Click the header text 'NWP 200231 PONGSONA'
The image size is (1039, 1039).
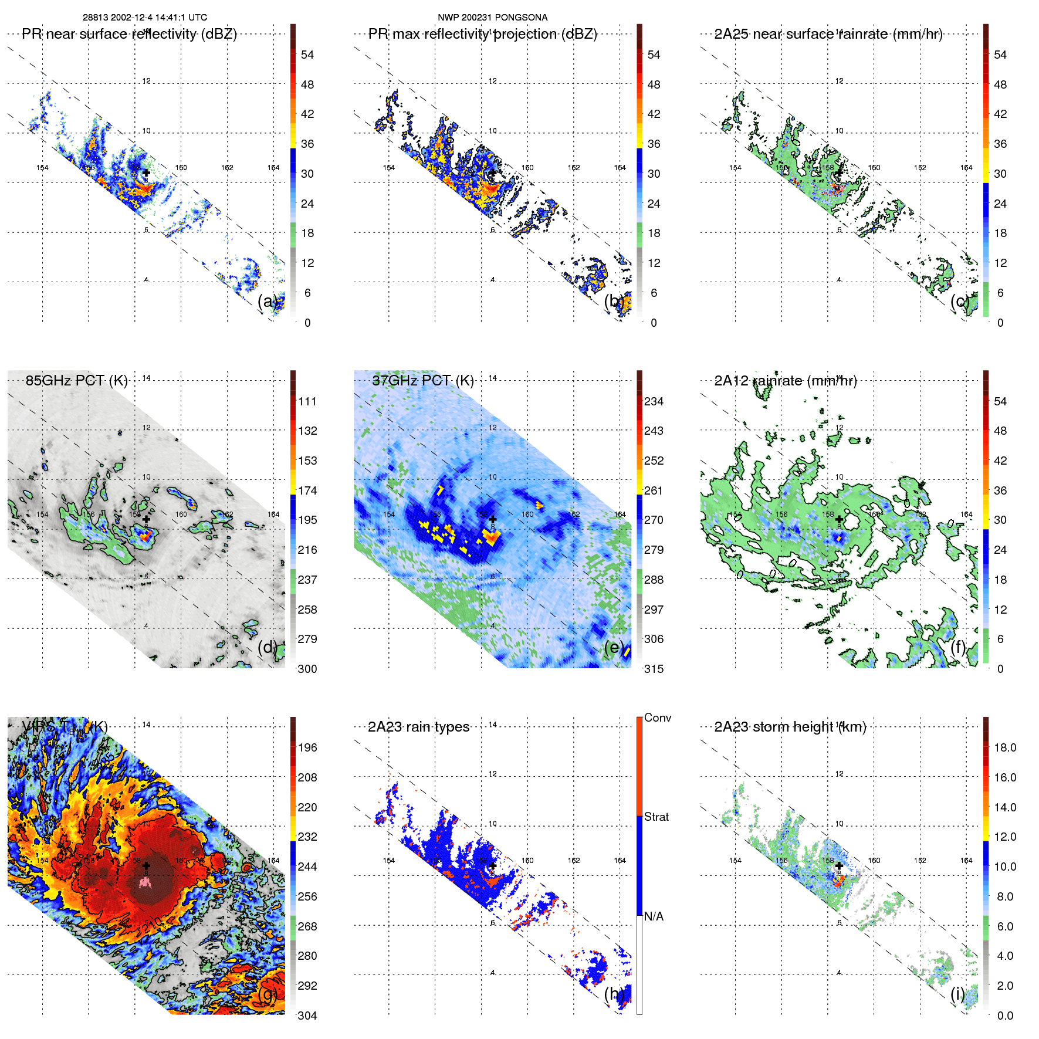pos(492,18)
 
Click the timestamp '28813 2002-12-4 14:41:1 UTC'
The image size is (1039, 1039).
pos(144,18)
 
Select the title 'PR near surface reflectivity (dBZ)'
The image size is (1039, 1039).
pos(129,34)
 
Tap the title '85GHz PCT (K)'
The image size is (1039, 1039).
pos(76,381)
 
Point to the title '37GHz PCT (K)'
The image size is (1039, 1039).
pos(422,381)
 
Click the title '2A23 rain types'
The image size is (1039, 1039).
pos(418,727)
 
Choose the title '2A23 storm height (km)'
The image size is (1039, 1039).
pos(790,727)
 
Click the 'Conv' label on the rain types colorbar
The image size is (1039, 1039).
pos(657,718)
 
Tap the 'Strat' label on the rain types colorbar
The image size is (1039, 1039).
pos(656,817)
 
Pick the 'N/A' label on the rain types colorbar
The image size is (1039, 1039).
pos(654,916)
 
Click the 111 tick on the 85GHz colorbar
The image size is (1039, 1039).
pos(307,401)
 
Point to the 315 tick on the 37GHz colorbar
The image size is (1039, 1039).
pos(654,669)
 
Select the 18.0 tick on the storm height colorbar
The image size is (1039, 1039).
pos(1004,747)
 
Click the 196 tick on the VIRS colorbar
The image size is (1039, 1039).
pos(307,747)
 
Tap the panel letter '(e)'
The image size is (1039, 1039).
pos(614,647)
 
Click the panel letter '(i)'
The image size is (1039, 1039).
pos(957,993)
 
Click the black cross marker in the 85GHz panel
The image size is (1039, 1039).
pos(146,519)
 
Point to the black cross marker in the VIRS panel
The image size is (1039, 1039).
pos(146,865)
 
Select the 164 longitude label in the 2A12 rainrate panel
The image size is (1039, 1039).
pos(966,515)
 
